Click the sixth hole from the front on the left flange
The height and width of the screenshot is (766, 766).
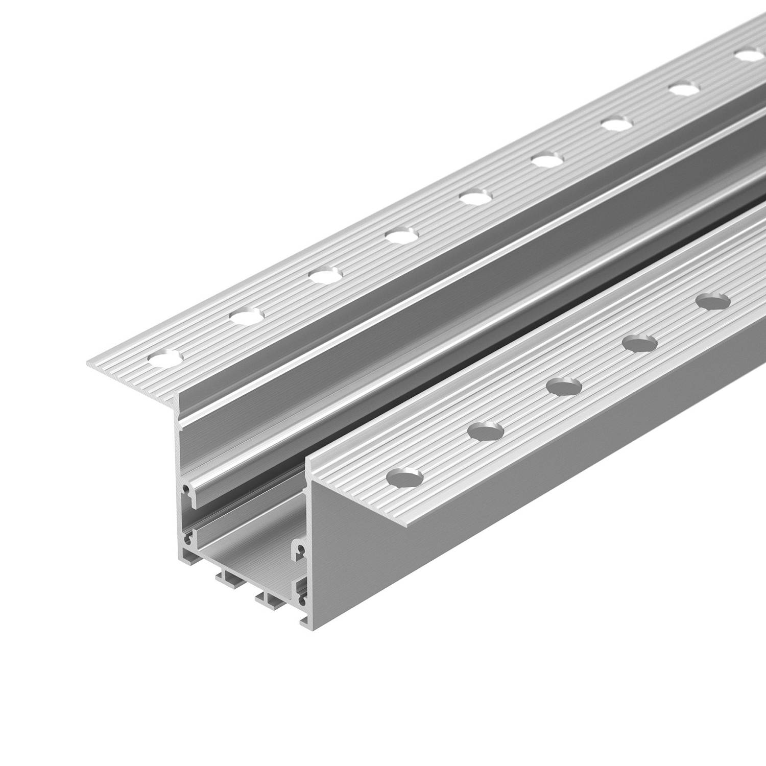click(x=545, y=160)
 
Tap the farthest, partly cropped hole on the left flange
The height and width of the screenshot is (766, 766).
click(x=749, y=55)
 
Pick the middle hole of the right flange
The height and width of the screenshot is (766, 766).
click(x=564, y=386)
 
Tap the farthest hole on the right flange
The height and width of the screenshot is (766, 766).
click(x=714, y=301)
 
